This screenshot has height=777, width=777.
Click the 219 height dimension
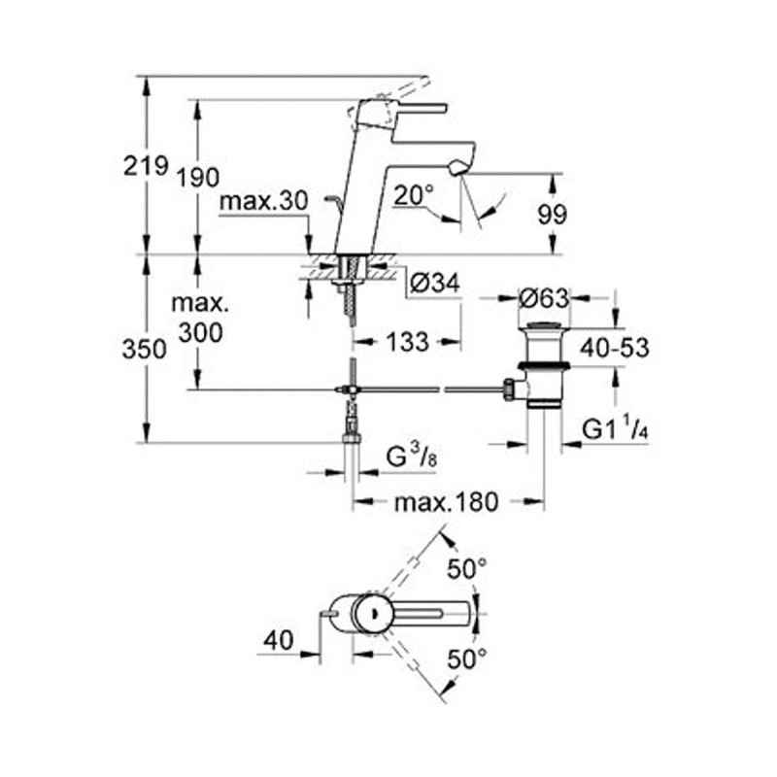[x=146, y=166]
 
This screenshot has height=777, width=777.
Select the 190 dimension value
[x=198, y=177]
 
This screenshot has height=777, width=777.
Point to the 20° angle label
[x=413, y=195]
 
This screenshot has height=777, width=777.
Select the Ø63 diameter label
[x=544, y=298]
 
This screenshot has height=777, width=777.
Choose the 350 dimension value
[x=146, y=351]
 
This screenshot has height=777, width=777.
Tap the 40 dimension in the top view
[x=281, y=638]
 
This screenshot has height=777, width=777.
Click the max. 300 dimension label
[x=199, y=318]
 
